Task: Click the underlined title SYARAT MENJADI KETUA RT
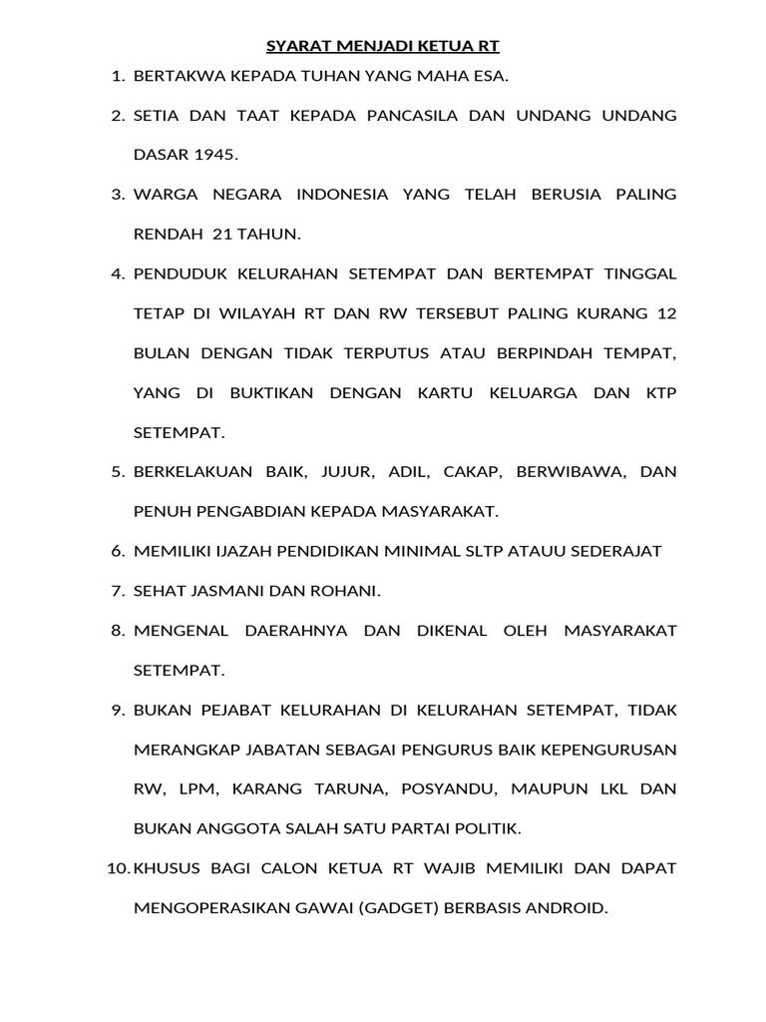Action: (383, 46)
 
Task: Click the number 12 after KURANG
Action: (665, 313)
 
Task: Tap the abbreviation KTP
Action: (659, 392)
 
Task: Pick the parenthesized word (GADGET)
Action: (404, 907)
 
